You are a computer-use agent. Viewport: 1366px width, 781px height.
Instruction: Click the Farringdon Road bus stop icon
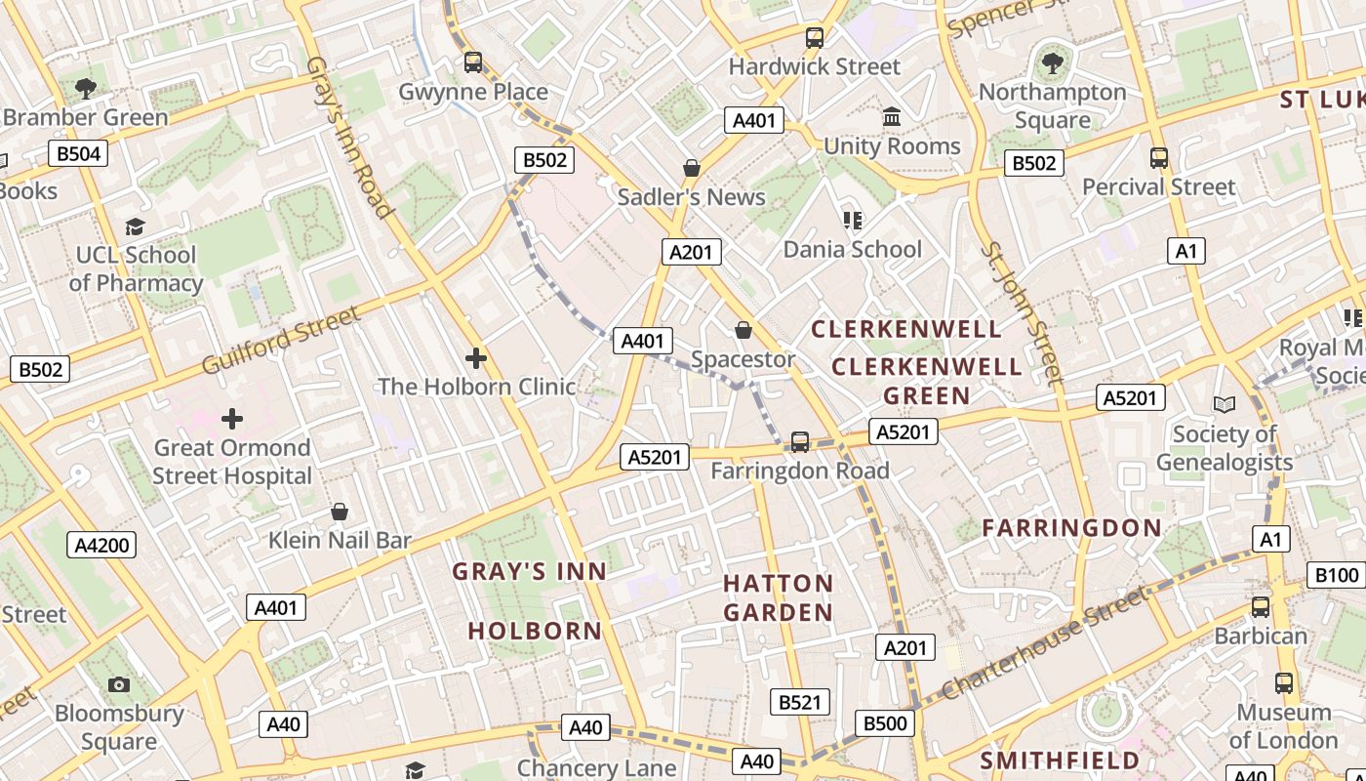[x=800, y=442]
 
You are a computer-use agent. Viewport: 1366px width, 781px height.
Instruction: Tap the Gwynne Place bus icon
[x=473, y=62]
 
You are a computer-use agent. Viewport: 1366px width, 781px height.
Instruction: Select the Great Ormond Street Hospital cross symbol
[x=232, y=419]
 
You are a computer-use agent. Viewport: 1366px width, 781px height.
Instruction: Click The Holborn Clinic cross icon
[x=476, y=358]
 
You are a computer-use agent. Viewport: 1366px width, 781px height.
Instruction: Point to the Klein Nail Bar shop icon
[x=340, y=512]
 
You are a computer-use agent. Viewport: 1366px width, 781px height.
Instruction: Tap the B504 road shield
[x=78, y=153]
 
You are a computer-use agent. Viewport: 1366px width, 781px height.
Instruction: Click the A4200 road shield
[x=101, y=545]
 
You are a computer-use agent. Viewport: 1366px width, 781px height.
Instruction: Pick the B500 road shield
[x=885, y=723]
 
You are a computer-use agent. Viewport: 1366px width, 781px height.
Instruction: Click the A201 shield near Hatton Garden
[x=905, y=647]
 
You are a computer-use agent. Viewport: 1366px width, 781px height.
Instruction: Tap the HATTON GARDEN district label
[x=778, y=597]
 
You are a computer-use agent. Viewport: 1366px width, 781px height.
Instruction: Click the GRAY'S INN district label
[x=529, y=571]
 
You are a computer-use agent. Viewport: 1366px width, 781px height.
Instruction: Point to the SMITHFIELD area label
[x=1060, y=760]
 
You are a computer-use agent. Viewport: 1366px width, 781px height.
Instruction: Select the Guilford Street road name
[x=281, y=340]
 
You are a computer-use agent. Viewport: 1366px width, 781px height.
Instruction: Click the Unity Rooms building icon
[x=892, y=118]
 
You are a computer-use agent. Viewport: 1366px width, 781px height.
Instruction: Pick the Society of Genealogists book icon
[x=1224, y=404]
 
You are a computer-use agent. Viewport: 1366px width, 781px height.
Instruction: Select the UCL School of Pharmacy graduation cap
[x=135, y=226]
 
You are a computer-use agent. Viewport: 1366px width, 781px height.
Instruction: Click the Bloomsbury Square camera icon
[x=119, y=684]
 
